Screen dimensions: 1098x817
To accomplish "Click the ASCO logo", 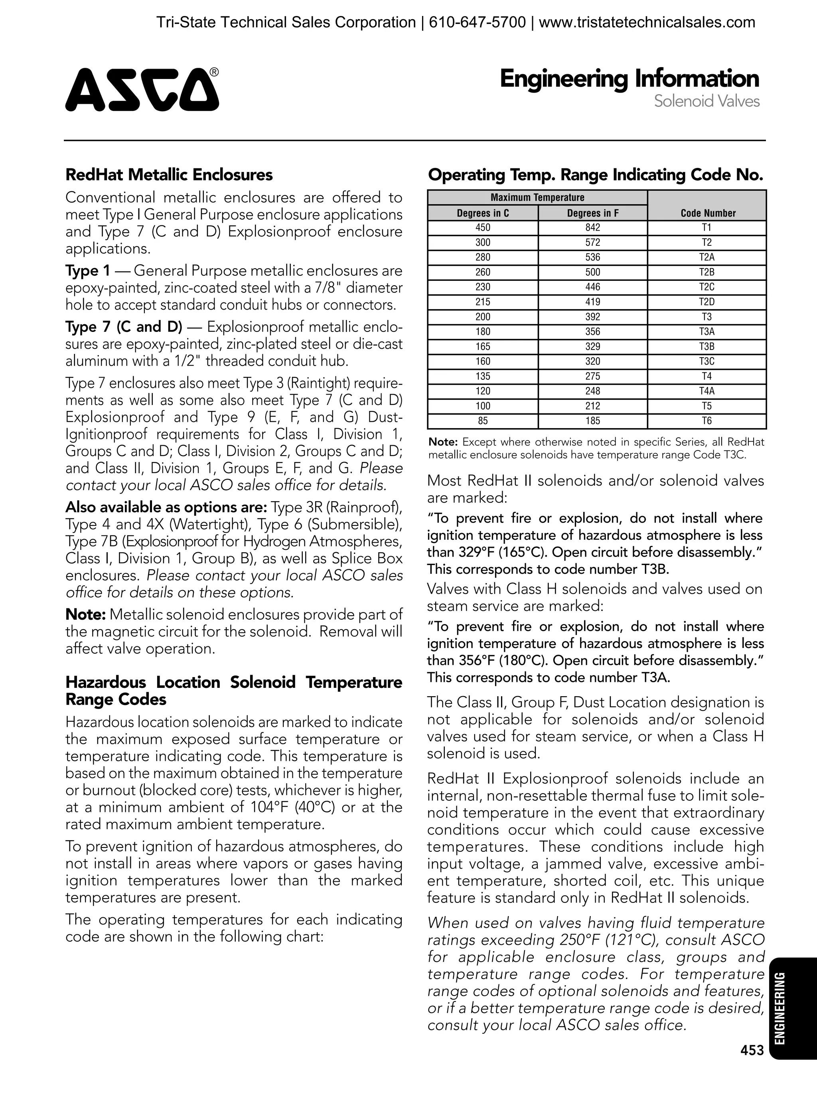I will click(x=142, y=89).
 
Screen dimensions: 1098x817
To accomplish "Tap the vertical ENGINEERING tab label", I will click(x=780, y=1009).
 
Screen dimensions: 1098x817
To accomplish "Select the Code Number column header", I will click(x=708, y=213).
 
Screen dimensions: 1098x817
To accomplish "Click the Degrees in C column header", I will click(x=483, y=213).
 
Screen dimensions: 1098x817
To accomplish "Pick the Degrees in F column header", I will click(x=592, y=213).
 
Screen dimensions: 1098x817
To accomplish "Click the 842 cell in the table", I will click(x=592, y=227).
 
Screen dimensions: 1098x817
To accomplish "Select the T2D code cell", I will click(x=707, y=302).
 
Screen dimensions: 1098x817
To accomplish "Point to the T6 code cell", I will click(x=707, y=421).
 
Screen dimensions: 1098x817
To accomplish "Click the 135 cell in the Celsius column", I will click(x=483, y=376).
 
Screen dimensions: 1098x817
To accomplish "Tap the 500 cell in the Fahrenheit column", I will click(x=592, y=272).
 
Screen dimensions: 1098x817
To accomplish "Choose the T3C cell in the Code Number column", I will click(x=707, y=361).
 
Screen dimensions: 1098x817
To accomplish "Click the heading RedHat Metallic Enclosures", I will click(x=169, y=175).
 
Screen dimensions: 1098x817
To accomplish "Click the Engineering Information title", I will click(x=629, y=79).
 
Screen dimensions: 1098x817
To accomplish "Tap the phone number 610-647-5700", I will click(x=477, y=22).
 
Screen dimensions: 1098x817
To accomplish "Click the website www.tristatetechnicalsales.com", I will click(x=647, y=22).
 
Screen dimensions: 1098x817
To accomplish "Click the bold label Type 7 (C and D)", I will click(x=124, y=327).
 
